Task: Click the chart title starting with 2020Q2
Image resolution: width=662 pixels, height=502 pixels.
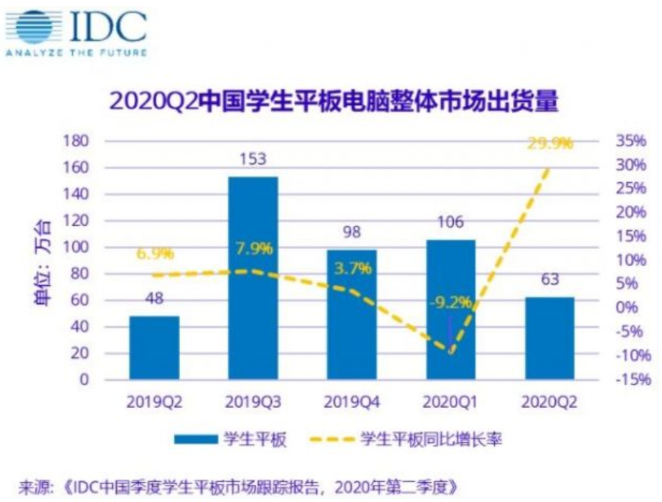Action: pos(332,101)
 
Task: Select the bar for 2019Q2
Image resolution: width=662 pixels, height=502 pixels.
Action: pos(154,347)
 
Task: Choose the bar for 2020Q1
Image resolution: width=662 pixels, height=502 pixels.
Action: pos(450,308)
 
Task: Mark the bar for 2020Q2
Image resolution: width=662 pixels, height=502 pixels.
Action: pos(549,338)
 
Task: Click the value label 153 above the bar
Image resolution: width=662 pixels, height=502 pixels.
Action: pos(253,161)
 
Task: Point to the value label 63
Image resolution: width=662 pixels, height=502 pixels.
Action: pos(549,280)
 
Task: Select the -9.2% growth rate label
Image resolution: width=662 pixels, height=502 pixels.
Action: pos(450,302)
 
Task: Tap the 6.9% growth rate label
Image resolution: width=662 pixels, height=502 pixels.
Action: pos(153,255)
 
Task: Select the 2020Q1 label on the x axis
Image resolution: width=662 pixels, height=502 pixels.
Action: pos(450,402)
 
